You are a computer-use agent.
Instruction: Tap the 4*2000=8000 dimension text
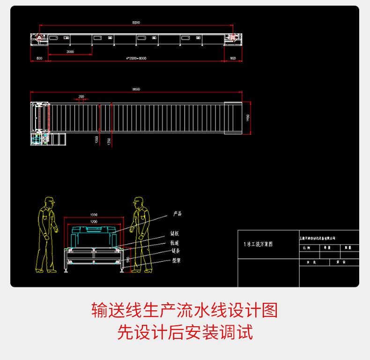(x=136, y=58)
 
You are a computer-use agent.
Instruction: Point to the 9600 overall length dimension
(x=136, y=89)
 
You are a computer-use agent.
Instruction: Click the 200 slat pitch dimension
(x=81, y=97)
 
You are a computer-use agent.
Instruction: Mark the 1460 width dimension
(x=248, y=117)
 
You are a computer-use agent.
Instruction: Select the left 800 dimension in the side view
(x=39, y=58)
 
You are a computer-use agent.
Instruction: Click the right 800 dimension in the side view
(x=233, y=58)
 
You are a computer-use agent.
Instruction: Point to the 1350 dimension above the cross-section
(x=94, y=215)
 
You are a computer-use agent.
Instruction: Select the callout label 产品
(x=177, y=214)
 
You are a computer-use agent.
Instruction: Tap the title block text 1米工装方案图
(x=258, y=244)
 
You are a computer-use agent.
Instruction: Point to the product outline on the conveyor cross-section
(x=94, y=230)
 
